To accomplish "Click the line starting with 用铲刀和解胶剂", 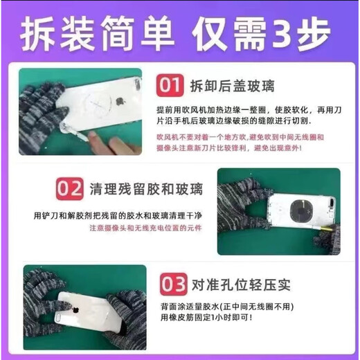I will [x=122, y=215].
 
